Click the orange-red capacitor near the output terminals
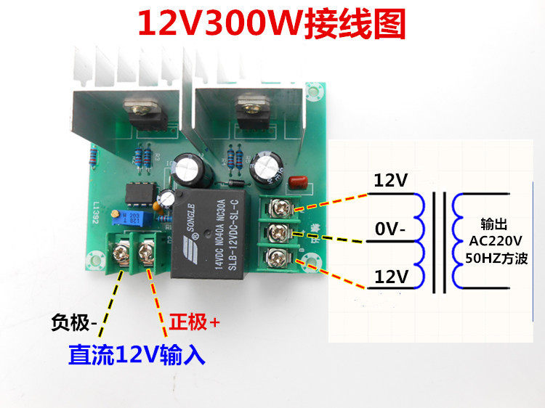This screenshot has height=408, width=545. tap(296, 182)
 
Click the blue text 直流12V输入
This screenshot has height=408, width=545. tap(137, 355)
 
